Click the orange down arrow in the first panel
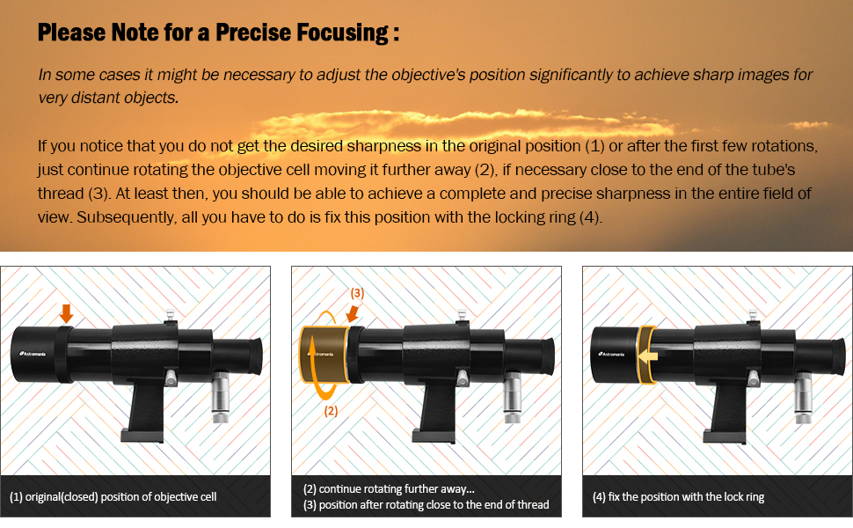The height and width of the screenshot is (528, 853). click(x=66, y=313)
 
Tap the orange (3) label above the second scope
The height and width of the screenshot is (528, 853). click(x=357, y=293)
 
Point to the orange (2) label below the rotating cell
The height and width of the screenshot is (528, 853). click(x=331, y=410)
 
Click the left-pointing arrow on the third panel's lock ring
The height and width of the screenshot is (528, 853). click(x=648, y=356)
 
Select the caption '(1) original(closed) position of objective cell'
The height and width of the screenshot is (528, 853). click(x=113, y=497)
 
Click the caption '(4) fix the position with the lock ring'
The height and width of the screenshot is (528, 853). click(x=678, y=497)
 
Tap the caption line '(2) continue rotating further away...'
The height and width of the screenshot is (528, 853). click(x=389, y=488)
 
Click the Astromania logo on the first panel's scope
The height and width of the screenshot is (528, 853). click(x=33, y=354)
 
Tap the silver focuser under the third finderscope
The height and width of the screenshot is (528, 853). click(x=803, y=398)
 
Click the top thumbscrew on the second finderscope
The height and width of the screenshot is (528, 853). click(x=463, y=316)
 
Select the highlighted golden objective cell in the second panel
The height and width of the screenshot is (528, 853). click(x=324, y=355)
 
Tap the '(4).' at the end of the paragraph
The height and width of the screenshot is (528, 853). click(x=591, y=217)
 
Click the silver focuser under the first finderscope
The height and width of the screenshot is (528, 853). click(x=221, y=398)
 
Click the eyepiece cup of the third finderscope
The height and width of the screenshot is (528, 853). click(x=835, y=357)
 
